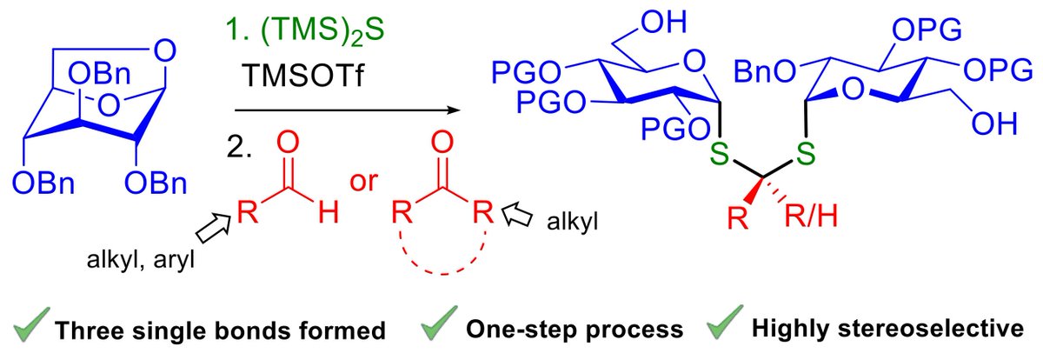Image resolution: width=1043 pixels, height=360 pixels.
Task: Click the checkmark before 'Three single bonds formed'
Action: [x=32, y=330]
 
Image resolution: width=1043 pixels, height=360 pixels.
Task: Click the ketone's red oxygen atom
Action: [x=442, y=143]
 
